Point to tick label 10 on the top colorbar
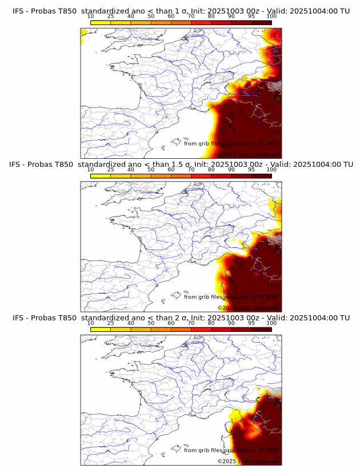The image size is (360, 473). click(x=90, y=16)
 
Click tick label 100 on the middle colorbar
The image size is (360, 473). click(x=271, y=170)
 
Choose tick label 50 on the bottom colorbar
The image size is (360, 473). click(x=151, y=323)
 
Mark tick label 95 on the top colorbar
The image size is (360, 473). click(x=251, y=16)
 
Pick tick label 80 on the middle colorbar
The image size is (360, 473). click(x=211, y=170)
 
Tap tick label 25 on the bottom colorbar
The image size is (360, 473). click(x=110, y=323)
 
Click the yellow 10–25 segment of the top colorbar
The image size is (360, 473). click(x=101, y=22)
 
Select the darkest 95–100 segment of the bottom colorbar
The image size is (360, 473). click(x=262, y=330)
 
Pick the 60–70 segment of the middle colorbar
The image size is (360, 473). click(x=181, y=176)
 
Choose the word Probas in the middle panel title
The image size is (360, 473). click(x=44, y=164)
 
